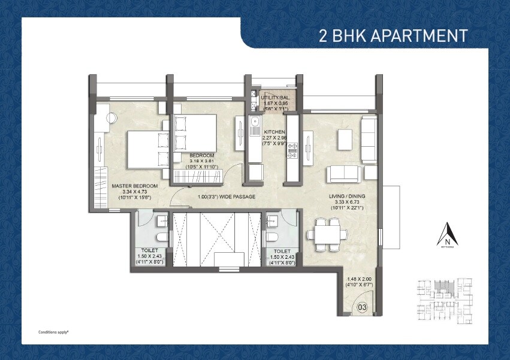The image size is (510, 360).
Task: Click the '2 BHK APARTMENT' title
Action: (393, 35)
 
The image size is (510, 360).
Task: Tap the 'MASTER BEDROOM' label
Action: (134, 186)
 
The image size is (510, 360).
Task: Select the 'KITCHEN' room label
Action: (267, 131)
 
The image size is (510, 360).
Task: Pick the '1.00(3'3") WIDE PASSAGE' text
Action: (227, 196)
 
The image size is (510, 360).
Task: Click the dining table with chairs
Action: (327, 234)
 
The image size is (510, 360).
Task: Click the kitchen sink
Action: (254, 126)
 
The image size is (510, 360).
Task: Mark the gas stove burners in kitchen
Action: (292, 156)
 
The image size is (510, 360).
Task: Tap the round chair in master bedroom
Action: (113, 118)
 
